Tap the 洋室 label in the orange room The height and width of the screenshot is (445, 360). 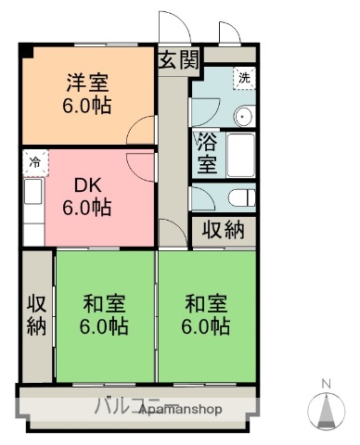pos(87,83)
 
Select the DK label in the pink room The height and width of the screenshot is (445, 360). pos(86,184)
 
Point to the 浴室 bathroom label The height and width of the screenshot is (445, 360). pos(206,153)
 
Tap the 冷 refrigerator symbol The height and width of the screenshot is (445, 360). pos(34,160)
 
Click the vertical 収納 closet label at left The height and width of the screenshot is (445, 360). pos(36,314)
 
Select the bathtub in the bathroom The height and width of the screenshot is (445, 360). pos(241,154)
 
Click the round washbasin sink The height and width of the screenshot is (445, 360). pos(244,117)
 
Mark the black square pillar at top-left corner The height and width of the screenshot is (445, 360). pos(25,49)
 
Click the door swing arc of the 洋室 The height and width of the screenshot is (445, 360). pos(142,129)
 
